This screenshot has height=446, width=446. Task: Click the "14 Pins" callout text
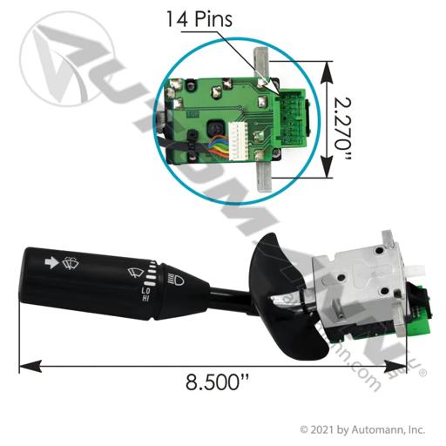click(x=199, y=19)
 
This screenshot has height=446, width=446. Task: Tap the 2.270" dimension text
click(x=342, y=129)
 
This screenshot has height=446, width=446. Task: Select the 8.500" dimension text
click(x=217, y=382)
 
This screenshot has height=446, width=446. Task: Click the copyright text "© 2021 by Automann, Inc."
click(x=362, y=430)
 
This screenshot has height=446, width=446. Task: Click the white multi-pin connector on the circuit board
click(x=239, y=141)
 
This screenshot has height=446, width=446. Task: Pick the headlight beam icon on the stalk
click(x=176, y=280)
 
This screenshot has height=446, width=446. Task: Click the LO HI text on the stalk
click(x=145, y=294)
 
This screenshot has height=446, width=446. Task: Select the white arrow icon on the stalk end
click(x=51, y=262)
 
